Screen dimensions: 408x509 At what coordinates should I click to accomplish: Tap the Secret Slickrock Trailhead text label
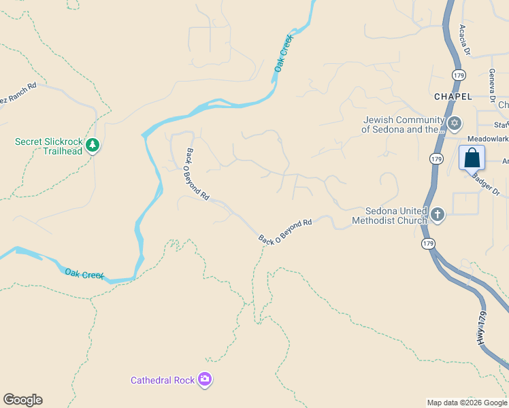tap(48, 146)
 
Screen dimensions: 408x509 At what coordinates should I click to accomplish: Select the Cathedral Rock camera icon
tap(205, 380)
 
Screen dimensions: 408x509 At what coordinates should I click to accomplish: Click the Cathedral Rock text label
tap(163, 380)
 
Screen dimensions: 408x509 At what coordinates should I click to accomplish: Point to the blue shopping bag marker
tap(472, 158)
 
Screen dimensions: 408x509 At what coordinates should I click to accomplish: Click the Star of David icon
tap(455, 124)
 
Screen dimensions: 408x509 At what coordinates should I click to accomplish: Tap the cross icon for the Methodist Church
tap(437, 216)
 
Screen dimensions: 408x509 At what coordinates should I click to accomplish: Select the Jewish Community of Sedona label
tap(402, 124)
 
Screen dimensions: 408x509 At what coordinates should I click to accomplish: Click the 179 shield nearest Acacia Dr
tap(459, 74)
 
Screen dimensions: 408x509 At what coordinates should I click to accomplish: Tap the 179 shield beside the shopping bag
tap(436, 158)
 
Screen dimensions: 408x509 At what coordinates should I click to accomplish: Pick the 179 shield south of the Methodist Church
tap(428, 243)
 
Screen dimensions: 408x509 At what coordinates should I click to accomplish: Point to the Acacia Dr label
tap(465, 40)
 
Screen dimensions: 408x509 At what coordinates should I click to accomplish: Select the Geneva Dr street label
tap(491, 85)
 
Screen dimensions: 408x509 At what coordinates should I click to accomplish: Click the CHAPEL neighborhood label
tap(453, 97)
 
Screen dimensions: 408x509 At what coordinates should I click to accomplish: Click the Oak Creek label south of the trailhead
tap(84, 274)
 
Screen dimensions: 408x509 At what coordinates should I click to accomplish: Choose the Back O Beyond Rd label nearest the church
tap(285, 231)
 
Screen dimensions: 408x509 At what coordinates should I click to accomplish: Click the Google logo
tap(22, 400)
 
